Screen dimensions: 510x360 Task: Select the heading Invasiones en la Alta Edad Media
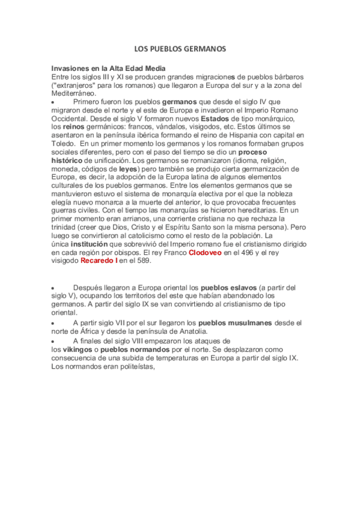coord(108,69)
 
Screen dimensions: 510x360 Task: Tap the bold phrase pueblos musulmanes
coord(236,323)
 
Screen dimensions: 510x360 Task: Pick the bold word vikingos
coord(66,349)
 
